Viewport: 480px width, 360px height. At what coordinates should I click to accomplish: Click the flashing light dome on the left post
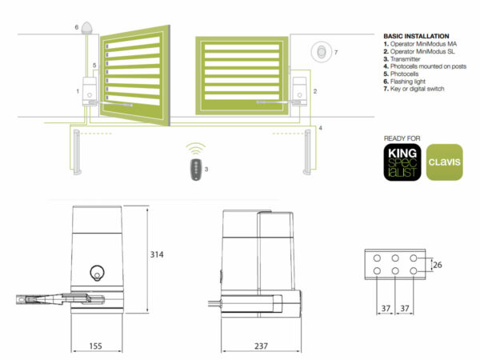click(86, 27)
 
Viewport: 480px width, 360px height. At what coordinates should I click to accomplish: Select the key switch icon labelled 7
click(321, 52)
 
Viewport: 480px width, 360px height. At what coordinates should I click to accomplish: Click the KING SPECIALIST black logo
click(402, 162)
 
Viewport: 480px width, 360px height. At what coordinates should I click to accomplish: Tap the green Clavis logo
click(445, 162)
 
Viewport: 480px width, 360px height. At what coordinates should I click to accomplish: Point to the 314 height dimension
click(157, 254)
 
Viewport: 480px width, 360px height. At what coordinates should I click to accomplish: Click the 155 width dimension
click(95, 346)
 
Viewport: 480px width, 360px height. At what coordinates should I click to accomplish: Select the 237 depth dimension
click(261, 346)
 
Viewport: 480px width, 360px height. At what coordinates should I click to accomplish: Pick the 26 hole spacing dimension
click(438, 265)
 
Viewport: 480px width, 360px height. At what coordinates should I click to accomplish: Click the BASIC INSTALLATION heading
click(416, 36)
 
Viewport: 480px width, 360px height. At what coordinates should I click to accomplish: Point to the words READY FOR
click(402, 138)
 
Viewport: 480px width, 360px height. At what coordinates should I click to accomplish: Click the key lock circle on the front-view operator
click(97, 272)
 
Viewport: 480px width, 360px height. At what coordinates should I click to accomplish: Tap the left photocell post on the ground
click(77, 152)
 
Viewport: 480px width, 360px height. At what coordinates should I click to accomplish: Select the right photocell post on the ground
click(307, 152)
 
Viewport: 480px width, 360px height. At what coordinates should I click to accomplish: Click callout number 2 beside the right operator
click(315, 91)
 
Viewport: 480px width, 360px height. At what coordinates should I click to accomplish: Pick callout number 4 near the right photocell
click(320, 128)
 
